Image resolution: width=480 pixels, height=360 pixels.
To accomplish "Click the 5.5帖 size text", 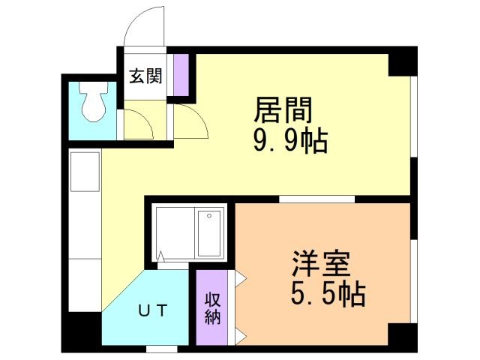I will point(328,294).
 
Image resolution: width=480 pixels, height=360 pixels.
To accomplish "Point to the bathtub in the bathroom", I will point(209,232).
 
